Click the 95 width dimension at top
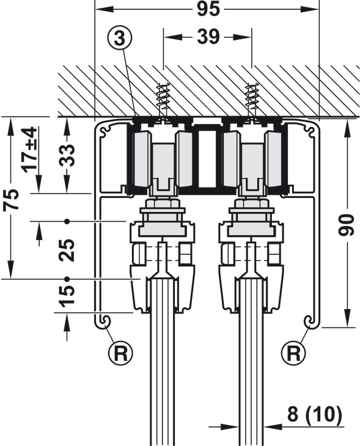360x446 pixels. click(x=208, y=9)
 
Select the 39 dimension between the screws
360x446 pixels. click(x=208, y=37)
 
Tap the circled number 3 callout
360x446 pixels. click(x=120, y=38)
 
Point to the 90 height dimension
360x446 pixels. click(x=346, y=225)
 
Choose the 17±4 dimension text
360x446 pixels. click(x=31, y=150)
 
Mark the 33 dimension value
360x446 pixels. click(x=67, y=155)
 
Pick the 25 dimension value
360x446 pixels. click(x=67, y=250)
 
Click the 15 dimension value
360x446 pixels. click(x=67, y=296)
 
